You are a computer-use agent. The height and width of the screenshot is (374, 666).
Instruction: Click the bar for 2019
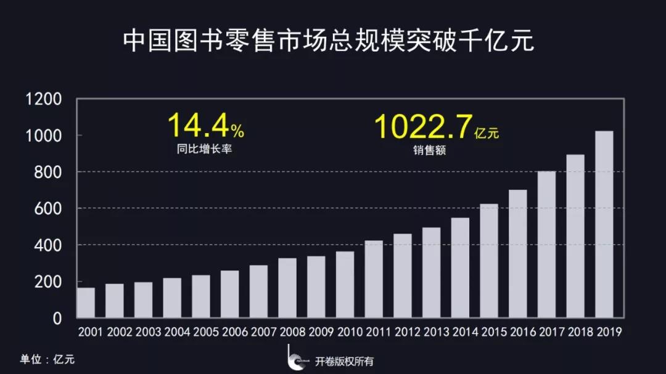tap(604, 225)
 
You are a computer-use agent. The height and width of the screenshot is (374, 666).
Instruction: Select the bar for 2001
tap(86, 303)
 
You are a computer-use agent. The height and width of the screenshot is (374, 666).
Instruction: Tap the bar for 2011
tap(374, 279)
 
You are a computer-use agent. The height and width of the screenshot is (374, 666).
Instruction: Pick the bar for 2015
tap(489, 261)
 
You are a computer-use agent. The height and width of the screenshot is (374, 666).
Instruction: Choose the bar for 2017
tap(546, 245)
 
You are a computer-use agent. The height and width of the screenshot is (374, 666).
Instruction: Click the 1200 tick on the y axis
tap(43, 99)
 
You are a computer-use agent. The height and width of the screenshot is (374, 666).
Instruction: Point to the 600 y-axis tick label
tap(47, 209)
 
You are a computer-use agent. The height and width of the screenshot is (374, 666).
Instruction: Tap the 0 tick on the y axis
tap(57, 319)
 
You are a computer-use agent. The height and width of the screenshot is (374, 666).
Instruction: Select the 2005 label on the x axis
tap(206, 332)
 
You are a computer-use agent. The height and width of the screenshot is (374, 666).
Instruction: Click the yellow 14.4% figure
tap(205, 125)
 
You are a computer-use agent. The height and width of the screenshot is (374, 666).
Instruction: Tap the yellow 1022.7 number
tap(423, 125)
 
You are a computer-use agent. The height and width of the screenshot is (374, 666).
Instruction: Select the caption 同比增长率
tap(204, 148)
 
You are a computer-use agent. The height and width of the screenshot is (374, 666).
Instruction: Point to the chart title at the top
tap(328, 41)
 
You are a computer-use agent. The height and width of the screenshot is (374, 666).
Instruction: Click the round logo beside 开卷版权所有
tap(296, 361)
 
